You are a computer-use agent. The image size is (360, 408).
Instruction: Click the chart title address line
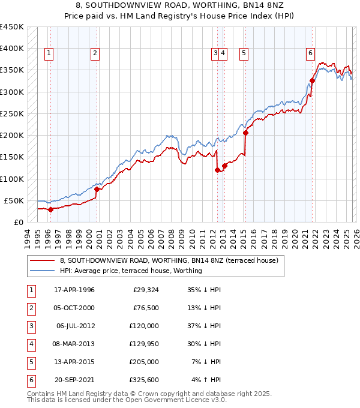click(180, 5)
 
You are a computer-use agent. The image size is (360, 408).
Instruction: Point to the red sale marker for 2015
click(245, 133)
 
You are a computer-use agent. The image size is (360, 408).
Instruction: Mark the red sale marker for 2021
click(312, 80)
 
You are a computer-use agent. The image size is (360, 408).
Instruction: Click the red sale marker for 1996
click(50, 209)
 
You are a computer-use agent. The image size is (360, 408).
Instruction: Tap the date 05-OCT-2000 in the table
click(74, 308)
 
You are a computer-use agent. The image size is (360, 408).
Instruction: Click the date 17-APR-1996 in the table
click(74, 290)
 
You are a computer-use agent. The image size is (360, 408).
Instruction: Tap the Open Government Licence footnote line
click(127, 400)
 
